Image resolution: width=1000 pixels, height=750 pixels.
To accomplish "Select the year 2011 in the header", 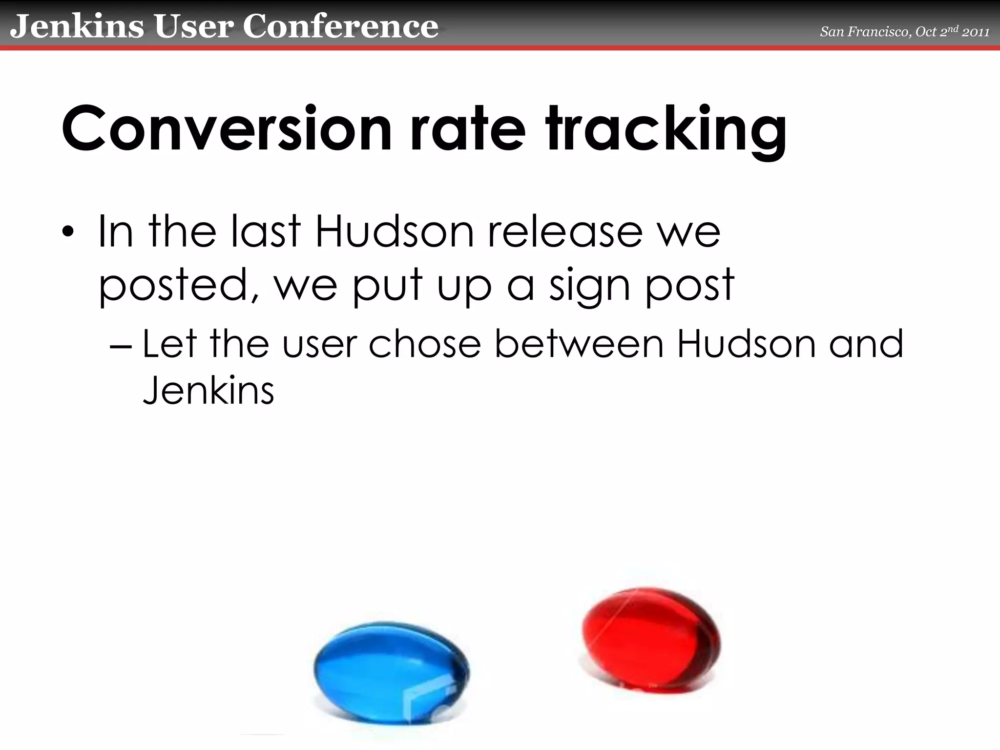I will click(976, 32).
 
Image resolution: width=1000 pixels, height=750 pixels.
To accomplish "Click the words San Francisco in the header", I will click(864, 32).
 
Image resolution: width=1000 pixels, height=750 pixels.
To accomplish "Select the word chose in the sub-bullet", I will click(425, 344).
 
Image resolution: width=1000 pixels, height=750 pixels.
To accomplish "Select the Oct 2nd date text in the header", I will click(938, 32).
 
